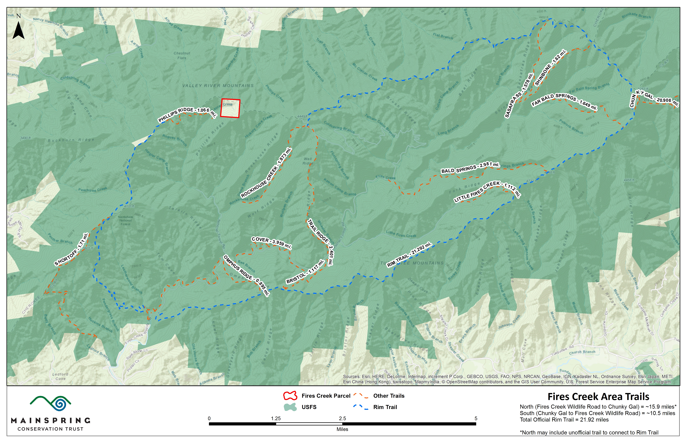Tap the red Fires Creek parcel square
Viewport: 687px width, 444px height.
point(230,108)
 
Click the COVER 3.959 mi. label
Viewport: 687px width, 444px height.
point(271,243)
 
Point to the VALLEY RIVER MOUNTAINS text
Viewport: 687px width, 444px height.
point(218,86)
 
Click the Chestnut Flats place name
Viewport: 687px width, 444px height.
point(182,55)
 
